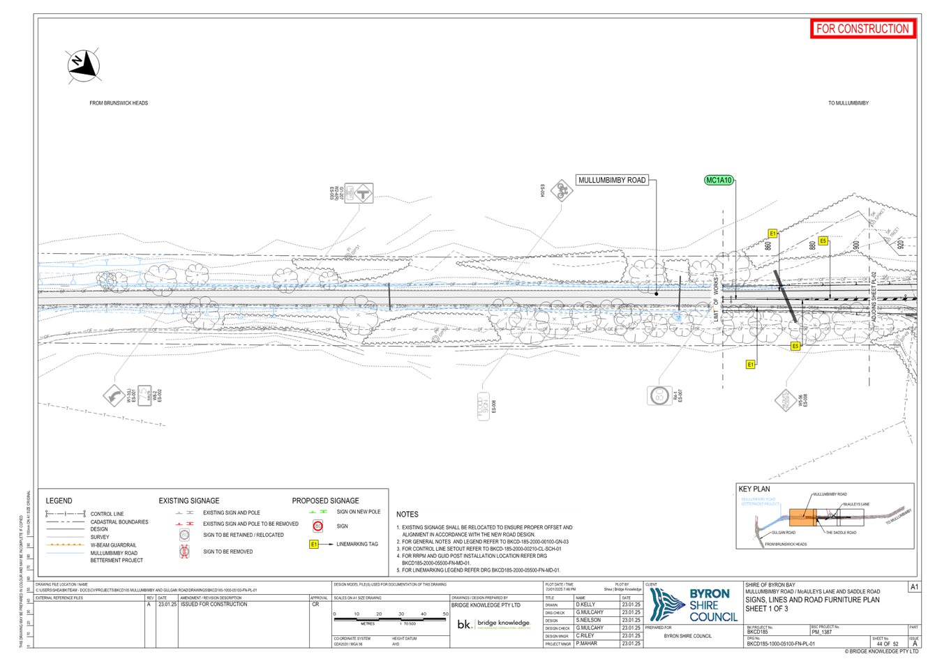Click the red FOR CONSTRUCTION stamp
tap(863, 29)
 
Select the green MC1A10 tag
tap(719, 181)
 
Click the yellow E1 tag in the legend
tap(314, 544)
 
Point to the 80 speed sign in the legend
tap(318, 526)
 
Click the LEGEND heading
tap(59, 501)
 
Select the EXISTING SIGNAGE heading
tap(188, 501)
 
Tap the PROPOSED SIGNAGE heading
tap(326, 501)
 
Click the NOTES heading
tap(407, 515)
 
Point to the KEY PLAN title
tap(754, 489)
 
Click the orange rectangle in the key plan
tap(802, 517)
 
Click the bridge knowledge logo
tap(494, 624)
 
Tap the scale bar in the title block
tap(390, 617)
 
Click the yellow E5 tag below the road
tap(795, 346)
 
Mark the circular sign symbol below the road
tap(658, 395)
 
